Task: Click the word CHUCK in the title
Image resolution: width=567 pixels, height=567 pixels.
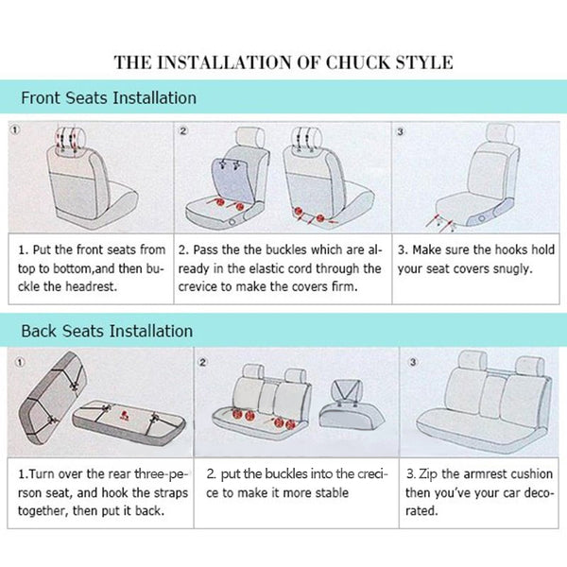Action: tap(358, 62)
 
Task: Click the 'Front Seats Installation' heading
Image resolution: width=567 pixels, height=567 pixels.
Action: tap(109, 98)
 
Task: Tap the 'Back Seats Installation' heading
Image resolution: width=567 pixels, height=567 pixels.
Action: tap(107, 332)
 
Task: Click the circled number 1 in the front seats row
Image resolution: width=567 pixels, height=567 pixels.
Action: tap(15, 129)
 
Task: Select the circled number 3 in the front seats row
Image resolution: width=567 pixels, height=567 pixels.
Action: tap(400, 131)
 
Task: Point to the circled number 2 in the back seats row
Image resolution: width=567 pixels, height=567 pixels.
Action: tap(202, 362)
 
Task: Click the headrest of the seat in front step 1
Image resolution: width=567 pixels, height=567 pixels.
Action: tap(71, 139)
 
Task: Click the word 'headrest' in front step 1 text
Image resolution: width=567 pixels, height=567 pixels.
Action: tap(91, 286)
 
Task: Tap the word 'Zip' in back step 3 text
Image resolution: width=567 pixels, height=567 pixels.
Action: tap(428, 474)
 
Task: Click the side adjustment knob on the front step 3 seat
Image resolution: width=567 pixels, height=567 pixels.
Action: tap(481, 218)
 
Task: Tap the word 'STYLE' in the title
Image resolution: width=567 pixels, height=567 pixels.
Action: tap(424, 62)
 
